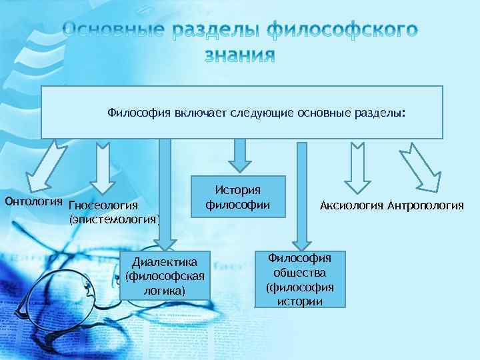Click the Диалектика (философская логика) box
click(x=165, y=274)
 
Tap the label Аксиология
click(x=351, y=205)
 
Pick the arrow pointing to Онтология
click(x=47, y=163)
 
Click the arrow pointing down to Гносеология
click(x=103, y=163)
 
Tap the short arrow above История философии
click(x=239, y=153)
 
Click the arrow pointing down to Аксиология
click(x=357, y=163)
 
